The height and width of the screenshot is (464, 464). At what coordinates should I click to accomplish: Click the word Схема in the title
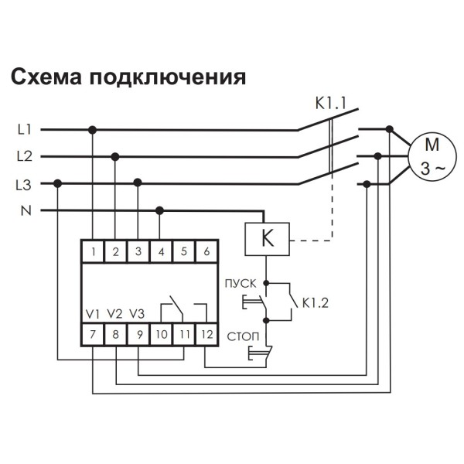coord(46,78)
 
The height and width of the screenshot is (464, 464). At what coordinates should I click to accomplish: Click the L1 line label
coord(24,130)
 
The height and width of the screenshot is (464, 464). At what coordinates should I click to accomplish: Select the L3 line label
coord(24,184)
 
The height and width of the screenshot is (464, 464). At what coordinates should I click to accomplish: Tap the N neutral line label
coord(24,210)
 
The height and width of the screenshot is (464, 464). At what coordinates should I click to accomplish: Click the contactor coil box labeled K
coord(267,239)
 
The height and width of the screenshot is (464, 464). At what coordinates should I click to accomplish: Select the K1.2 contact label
coord(315,303)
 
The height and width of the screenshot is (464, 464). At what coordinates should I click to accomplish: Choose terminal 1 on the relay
coord(93,251)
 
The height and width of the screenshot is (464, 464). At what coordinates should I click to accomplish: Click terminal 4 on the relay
coord(160,251)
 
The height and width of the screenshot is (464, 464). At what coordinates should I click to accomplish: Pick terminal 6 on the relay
coord(206,251)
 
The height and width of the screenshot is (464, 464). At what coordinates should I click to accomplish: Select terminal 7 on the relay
coord(93,335)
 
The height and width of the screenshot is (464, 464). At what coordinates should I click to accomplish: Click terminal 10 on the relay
coord(160,335)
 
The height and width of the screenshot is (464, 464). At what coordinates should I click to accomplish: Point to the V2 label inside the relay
coord(115,314)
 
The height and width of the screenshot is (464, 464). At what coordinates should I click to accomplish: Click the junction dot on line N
coord(160,210)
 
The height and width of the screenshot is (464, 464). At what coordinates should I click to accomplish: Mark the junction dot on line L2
coord(115,157)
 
